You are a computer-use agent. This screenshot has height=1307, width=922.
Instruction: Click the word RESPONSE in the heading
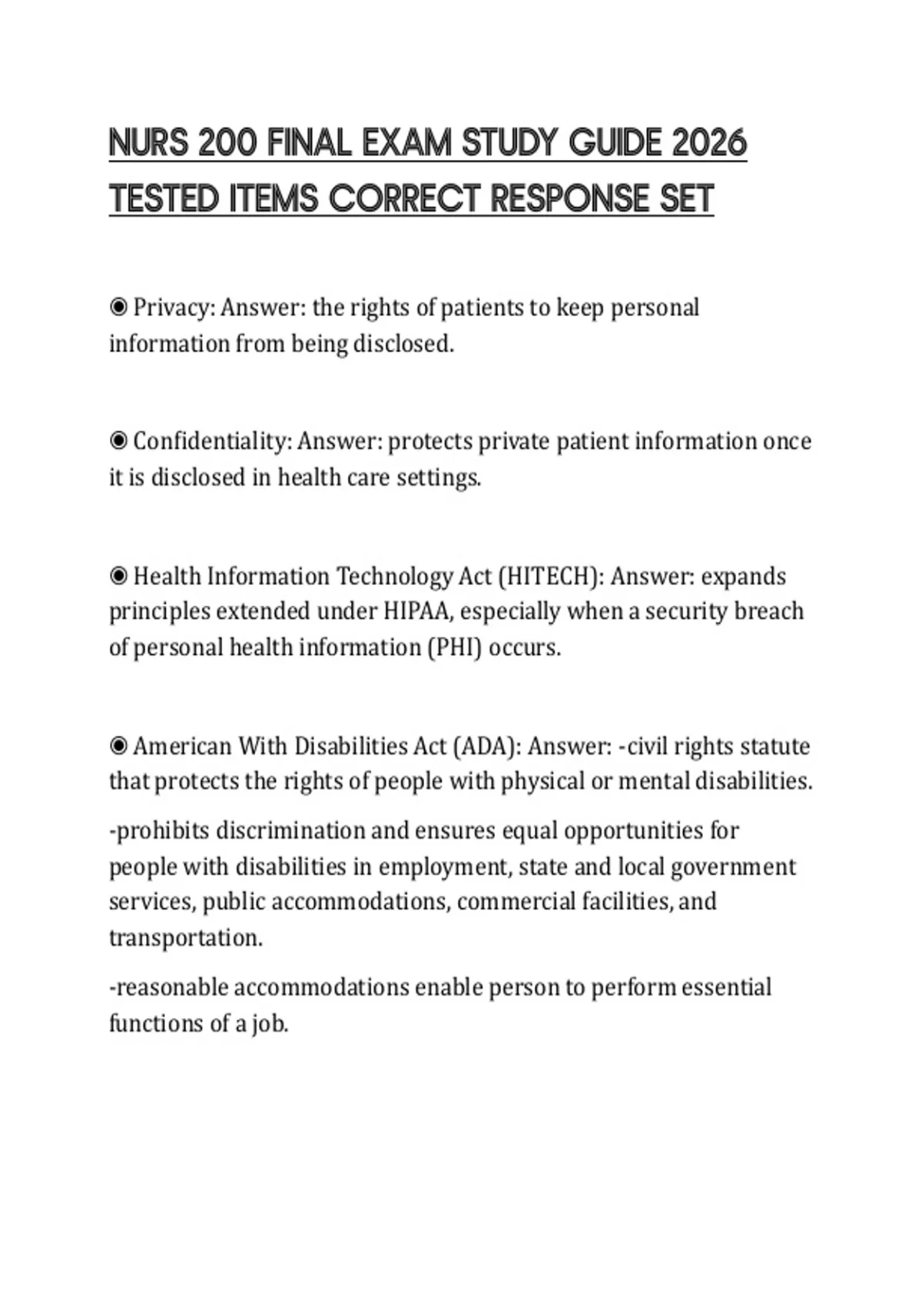point(570,198)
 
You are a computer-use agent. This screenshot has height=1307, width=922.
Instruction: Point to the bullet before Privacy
point(118,308)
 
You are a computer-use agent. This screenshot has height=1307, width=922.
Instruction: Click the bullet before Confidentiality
point(118,441)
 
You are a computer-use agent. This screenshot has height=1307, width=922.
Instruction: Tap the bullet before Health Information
point(118,576)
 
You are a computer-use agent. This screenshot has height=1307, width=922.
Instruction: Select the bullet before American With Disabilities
point(118,746)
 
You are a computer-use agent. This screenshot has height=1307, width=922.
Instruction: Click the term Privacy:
point(174,308)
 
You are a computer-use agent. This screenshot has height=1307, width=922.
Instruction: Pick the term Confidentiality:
point(212,441)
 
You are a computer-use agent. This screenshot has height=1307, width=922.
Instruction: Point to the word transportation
point(184,938)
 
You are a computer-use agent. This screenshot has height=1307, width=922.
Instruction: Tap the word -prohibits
point(159,831)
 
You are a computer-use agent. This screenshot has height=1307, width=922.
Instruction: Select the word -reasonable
point(168,987)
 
